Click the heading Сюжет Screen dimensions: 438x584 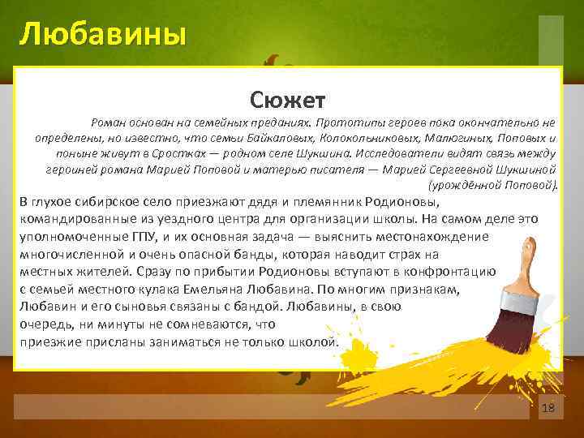pos(288,100)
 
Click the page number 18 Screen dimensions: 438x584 pos(547,408)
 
